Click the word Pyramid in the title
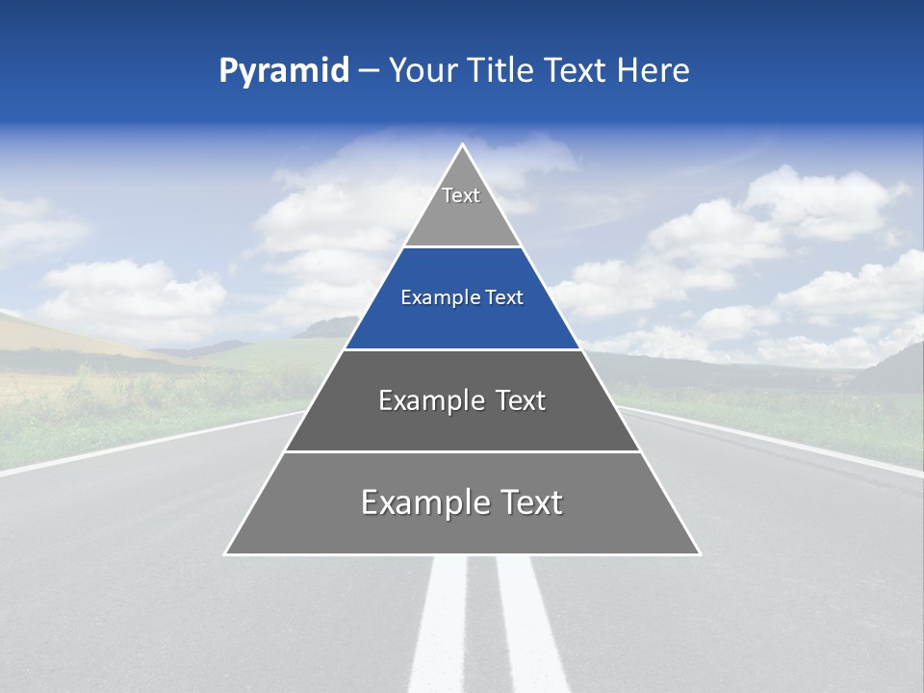(283, 71)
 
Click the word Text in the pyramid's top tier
(461, 195)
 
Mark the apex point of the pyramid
(463, 145)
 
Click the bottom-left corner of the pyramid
(226, 553)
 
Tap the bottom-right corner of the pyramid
(700, 553)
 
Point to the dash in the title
(369, 71)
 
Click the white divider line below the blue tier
(462, 349)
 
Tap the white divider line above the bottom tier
(462, 451)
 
